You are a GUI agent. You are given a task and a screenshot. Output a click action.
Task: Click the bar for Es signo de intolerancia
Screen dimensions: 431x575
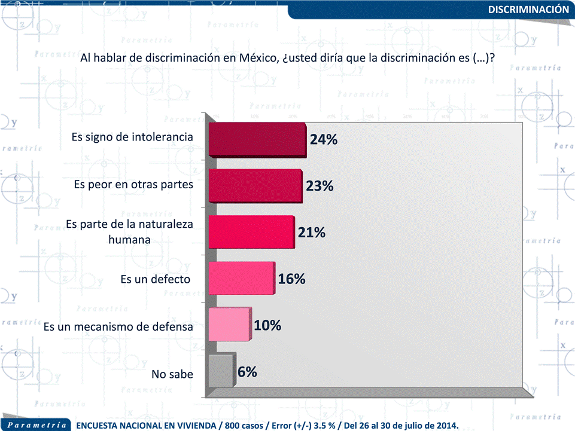[257, 140]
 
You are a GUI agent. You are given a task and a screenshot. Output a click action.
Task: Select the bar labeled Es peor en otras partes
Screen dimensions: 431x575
[255, 186]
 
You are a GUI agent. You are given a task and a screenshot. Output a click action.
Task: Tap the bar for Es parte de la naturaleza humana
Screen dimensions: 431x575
[251, 231]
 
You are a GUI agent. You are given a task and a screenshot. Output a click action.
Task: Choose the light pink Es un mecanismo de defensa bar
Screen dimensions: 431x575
[229, 325]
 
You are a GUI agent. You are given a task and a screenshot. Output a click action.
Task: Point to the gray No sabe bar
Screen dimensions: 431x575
[220, 371]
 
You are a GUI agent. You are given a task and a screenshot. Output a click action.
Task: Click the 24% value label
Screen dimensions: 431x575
[324, 140]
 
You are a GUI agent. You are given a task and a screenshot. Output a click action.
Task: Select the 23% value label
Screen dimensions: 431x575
[320, 186]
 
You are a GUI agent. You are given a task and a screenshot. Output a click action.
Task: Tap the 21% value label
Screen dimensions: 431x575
[312, 232]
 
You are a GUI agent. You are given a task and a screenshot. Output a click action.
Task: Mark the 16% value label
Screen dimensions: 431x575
[292, 279]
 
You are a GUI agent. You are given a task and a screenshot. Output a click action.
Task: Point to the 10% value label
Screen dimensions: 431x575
[267, 325]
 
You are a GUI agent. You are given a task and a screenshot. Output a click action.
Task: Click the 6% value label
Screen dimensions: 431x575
[247, 371]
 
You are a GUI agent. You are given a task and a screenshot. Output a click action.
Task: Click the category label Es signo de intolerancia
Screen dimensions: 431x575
[132, 137]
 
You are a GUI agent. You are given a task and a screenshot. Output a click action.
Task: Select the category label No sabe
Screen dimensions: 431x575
[172, 375]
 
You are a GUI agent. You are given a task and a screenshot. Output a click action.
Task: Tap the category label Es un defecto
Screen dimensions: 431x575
[156, 279]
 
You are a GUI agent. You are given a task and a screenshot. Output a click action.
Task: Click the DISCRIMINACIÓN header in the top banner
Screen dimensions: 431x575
[528, 10]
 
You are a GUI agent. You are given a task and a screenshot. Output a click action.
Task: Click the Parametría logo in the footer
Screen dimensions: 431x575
[37, 425]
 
